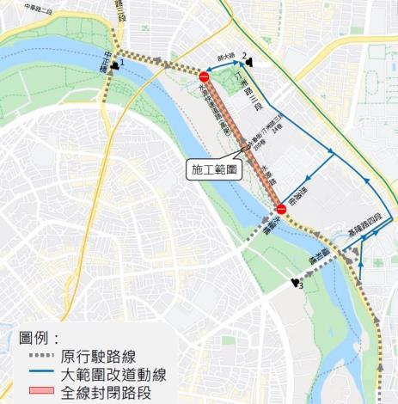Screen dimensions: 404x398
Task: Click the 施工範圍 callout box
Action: click(x=215, y=169)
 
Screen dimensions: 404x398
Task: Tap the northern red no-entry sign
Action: click(x=203, y=77)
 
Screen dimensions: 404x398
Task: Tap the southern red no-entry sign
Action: click(x=281, y=209)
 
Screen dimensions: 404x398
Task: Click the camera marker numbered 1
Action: click(x=116, y=63)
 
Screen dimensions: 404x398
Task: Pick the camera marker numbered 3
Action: click(x=296, y=282)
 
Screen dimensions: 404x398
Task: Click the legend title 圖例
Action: click(x=39, y=338)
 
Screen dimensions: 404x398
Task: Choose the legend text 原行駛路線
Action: click(x=103, y=357)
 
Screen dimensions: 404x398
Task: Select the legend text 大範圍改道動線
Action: click(x=113, y=374)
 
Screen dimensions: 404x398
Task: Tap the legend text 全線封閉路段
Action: click(x=104, y=392)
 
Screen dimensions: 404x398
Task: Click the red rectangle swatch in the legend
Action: click(x=39, y=392)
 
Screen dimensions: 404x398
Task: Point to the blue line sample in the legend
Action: click(x=39, y=374)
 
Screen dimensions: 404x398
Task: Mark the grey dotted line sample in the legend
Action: click(x=39, y=357)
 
